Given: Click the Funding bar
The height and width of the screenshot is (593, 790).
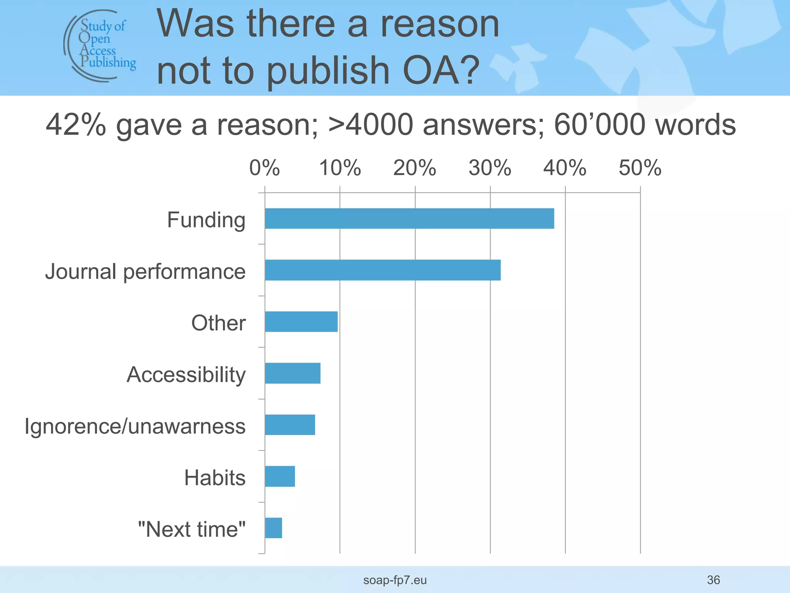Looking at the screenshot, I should pyautogui.click(x=409, y=219).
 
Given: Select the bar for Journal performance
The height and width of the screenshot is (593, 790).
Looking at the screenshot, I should pyautogui.click(x=383, y=270).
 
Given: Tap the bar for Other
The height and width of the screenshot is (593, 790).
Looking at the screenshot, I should pyautogui.click(x=301, y=322).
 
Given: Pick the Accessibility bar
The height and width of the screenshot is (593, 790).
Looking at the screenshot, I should pyautogui.click(x=293, y=373).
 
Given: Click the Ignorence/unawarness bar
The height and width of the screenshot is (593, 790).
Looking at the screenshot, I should pyautogui.click(x=290, y=425).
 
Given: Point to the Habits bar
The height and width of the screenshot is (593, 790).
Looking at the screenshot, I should pyautogui.click(x=280, y=476).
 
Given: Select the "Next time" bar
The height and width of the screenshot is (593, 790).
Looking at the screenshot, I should pyautogui.click(x=273, y=528).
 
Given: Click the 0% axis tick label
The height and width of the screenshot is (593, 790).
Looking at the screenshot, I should pyautogui.click(x=264, y=168).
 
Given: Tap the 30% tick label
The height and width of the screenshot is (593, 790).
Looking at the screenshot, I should pyautogui.click(x=490, y=168).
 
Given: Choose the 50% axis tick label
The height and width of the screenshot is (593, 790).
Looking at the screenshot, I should pyautogui.click(x=640, y=168).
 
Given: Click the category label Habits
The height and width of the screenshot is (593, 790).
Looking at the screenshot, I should pyautogui.click(x=215, y=478).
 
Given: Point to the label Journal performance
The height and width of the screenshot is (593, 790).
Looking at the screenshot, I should pyautogui.click(x=145, y=271).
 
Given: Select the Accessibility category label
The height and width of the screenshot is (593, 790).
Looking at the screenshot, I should pyautogui.click(x=186, y=375).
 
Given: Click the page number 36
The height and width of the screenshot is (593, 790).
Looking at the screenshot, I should pyautogui.click(x=713, y=580).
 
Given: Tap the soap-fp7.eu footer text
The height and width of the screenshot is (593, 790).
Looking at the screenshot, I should pyautogui.click(x=395, y=580).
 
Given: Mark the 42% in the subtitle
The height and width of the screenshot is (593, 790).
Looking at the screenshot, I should pyautogui.click(x=76, y=125).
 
